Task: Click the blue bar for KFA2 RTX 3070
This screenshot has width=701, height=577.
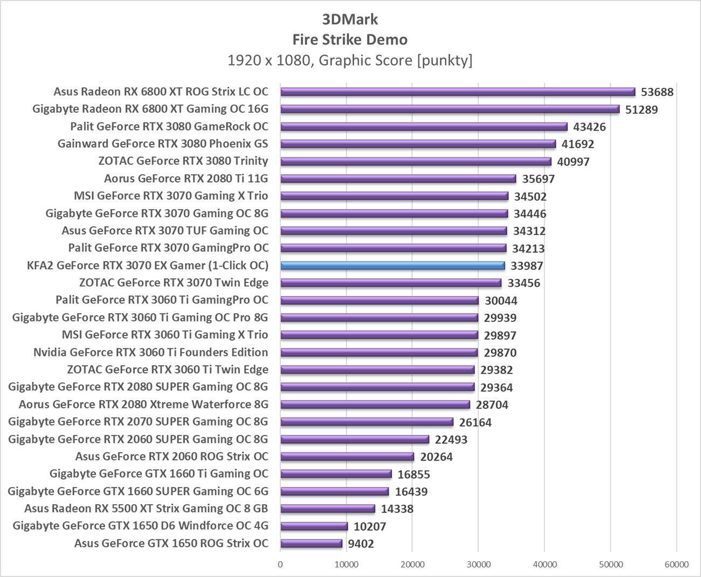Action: pyautogui.click(x=393, y=265)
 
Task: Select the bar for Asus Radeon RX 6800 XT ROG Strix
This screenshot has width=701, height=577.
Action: pyautogui.click(x=457, y=92)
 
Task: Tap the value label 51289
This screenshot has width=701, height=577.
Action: pyautogui.click(x=642, y=109)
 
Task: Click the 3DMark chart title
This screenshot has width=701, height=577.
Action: pyautogui.click(x=350, y=19)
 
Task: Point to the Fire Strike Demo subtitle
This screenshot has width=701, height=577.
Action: pyautogui.click(x=350, y=39)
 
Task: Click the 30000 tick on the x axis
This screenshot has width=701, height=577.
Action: pyautogui.click(x=478, y=564)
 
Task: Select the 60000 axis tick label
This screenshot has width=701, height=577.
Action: pyautogui.click(x=676, y=564)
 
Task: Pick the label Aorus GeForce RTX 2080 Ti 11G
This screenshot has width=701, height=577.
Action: pyautogui.click(x=186, y=178)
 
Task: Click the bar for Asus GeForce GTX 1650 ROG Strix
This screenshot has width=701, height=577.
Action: pyautogui.click(x=311, y=544)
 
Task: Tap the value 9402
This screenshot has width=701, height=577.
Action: pyautogui.click(x=361, y=544)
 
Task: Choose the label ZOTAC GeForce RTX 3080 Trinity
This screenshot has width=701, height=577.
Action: pyautogui.click(x=183, y=161)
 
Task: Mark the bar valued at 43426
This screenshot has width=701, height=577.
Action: pyautogui.click(x=424, y=127)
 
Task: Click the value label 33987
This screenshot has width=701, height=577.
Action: pyautogui.click(x=527, y=266)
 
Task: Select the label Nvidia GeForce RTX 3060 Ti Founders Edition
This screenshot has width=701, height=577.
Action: pyautogui.click(x=150, y=352)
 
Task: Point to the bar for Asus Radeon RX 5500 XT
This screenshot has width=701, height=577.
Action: pyautogui.click(x=327, y=509)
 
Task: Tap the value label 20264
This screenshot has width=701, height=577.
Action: pyautogui.click(x=436, y=457)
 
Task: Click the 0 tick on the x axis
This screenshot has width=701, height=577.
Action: pyautogui.click(x=280, y=564)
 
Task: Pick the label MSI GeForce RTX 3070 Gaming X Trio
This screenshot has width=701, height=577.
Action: pyautogui.click(x=171, y=196)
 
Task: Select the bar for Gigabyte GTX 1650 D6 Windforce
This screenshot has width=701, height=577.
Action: pyautogui.click(x=314, y=526)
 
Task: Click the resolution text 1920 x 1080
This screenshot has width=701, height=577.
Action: pyautogui.click(x=269, y=60)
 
